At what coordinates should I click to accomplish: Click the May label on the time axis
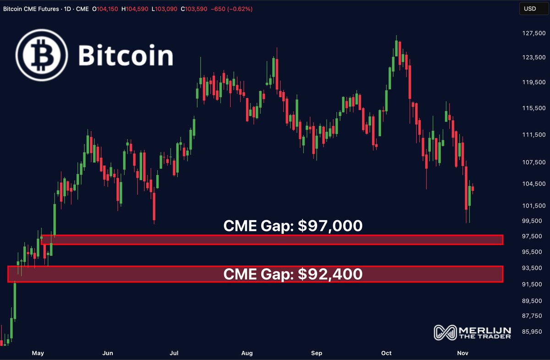click(38, 353)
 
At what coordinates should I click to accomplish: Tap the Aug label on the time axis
click(247, 353)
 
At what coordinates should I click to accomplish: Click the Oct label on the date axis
click(386, 353)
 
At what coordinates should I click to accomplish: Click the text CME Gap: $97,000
click(292, 226)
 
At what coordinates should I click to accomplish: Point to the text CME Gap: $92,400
click(292, 274)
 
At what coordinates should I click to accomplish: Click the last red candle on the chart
click(473, 188)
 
